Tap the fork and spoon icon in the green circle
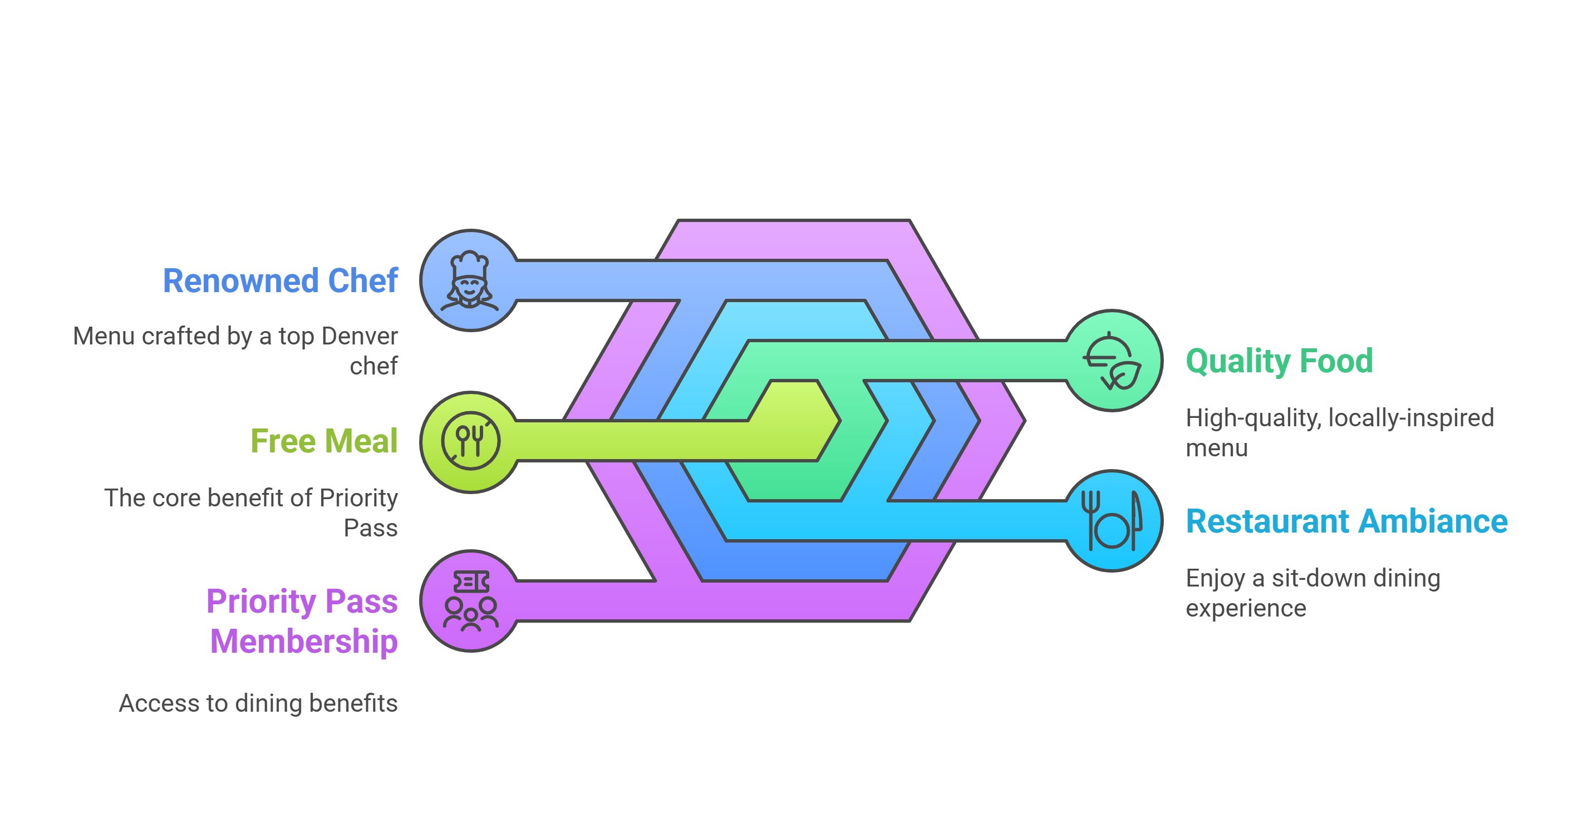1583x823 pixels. click(x=471, y=441)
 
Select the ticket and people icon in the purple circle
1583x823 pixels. click(x=471, y=602)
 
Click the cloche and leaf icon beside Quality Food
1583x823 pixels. click(x=1112, y=361)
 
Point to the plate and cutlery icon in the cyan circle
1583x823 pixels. click(x=1112, y=521)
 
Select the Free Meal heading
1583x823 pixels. click(x=324, y=441)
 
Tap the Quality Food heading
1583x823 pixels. click(x=1279, y=361)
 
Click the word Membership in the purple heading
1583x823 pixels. click(x=303, y=641)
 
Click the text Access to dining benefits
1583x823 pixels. click(x=258, y=703)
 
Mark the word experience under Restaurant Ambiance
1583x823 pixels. click(x=1246, y=608)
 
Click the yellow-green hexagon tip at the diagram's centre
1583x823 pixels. click(x=799, y=420)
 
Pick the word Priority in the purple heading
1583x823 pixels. click(x=259, y=602)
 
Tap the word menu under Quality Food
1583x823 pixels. click(x=1216, y=449)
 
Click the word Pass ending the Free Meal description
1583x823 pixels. click(x=371, y=528)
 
